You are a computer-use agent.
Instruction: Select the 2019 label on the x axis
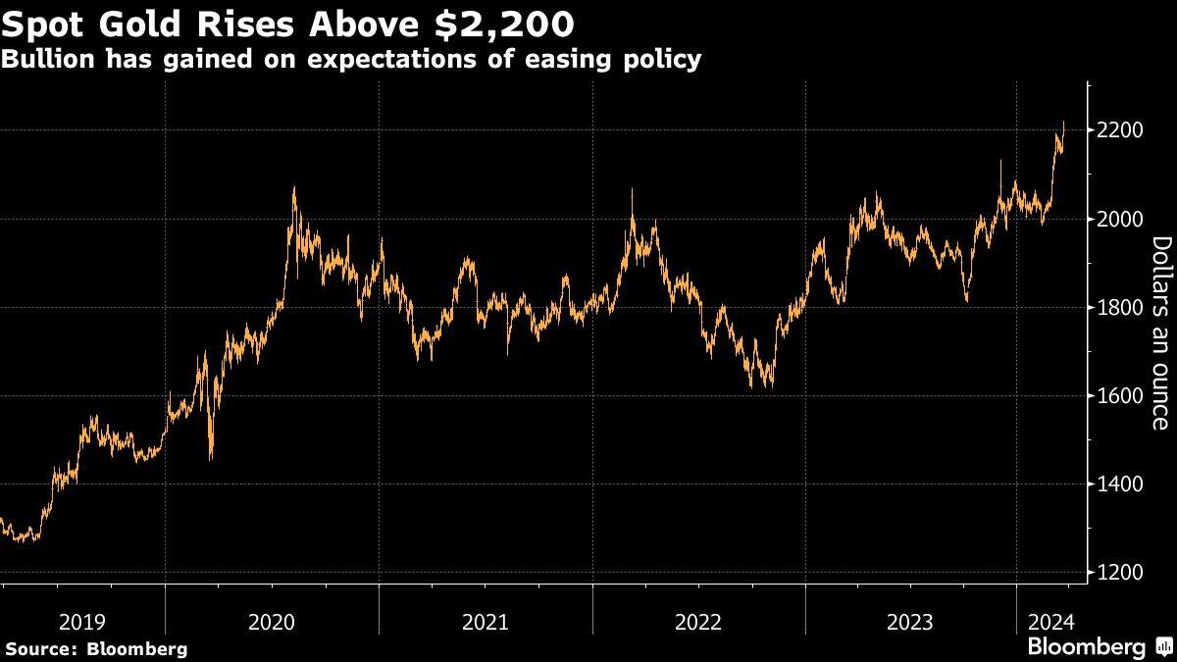(82, 622)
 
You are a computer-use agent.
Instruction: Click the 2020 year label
(273, 622)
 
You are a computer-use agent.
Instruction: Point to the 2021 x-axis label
(486, 622)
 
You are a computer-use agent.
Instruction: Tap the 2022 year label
(699, 622)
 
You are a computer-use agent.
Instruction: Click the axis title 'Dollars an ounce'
(1159, 332)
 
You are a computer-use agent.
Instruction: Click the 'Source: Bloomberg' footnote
(96, 649)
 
